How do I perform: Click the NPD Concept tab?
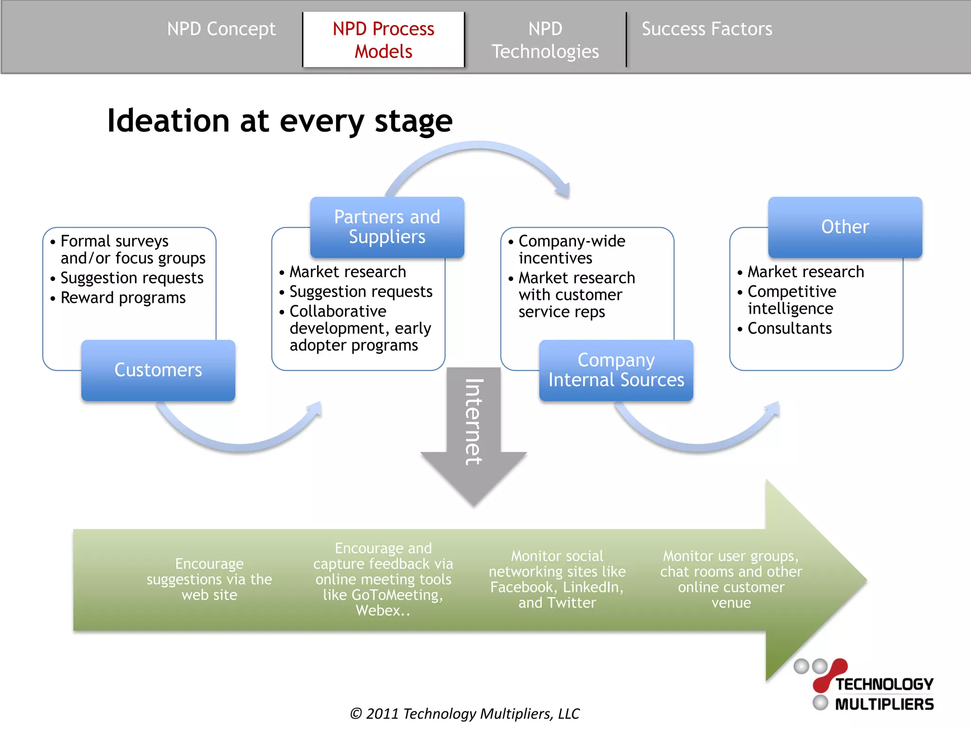221,29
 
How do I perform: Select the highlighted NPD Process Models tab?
383,40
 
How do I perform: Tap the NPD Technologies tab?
545,40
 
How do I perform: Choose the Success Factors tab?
706,29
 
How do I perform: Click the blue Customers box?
158,370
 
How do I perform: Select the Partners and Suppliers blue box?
387,227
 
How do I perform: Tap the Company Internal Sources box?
616,370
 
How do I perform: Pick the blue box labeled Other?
845,227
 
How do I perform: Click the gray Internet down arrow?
473,427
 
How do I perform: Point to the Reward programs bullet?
123,298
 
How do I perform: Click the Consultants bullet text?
789,328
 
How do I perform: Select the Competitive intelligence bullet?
791,300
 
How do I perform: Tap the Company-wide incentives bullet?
571,250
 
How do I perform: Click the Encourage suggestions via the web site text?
209,579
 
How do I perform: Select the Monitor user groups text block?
731,579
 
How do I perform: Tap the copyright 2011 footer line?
465,713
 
